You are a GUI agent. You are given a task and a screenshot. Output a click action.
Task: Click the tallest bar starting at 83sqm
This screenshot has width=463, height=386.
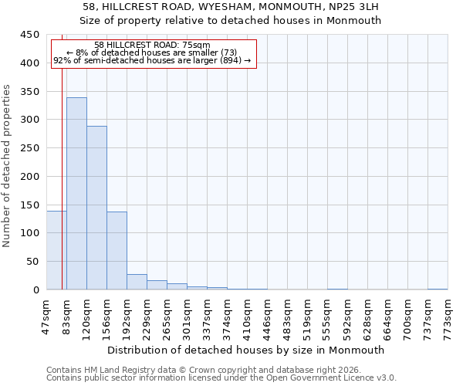coord(76,193)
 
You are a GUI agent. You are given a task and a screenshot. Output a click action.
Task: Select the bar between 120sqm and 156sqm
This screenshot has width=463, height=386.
coord(96,208)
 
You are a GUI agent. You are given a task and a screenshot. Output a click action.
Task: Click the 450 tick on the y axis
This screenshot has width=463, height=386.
coord(30,35)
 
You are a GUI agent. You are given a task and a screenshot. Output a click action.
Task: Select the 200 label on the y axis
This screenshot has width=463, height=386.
coord(30,176)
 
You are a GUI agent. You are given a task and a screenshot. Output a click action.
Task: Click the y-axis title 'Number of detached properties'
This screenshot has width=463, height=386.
coord(7,166)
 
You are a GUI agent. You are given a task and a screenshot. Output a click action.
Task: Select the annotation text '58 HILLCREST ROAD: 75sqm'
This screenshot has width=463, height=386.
coord(152,46)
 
